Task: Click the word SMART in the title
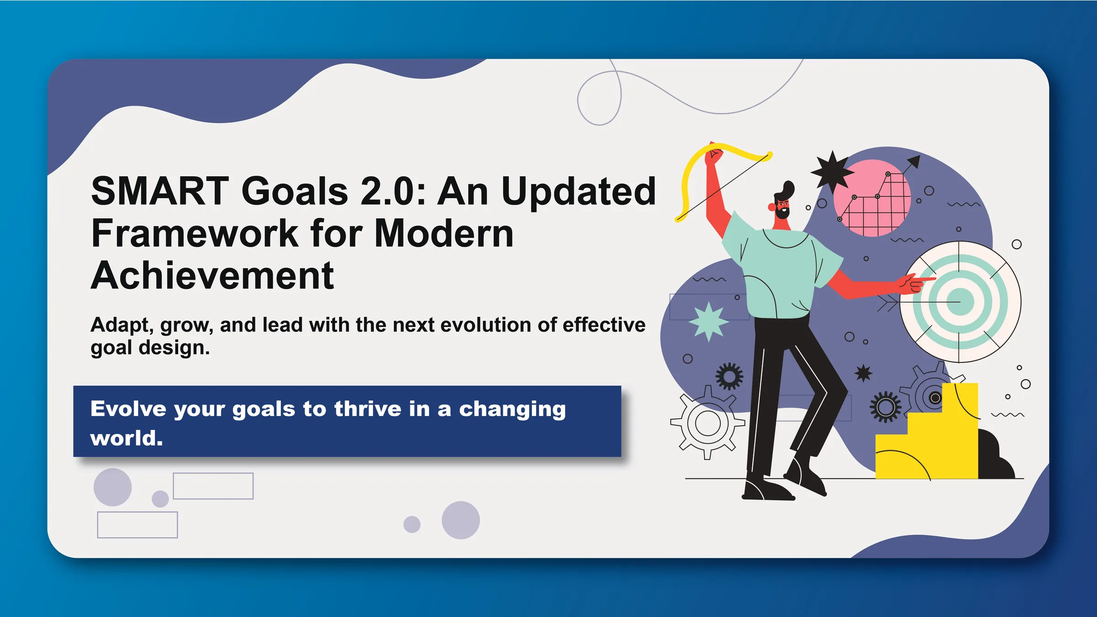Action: click(x=160, y=191)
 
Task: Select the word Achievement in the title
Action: click(x=213, y=276)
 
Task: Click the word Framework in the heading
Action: click(x=195, y=233)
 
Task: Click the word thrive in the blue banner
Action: click(x=368, y=409)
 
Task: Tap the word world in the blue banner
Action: click(x=127, y=438)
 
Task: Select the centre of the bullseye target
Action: click(x=960, y=302)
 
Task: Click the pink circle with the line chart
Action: click(x=872, y=198)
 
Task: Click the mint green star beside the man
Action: click(x=708, y=322)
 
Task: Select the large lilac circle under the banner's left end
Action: click(x=112, y=487)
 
